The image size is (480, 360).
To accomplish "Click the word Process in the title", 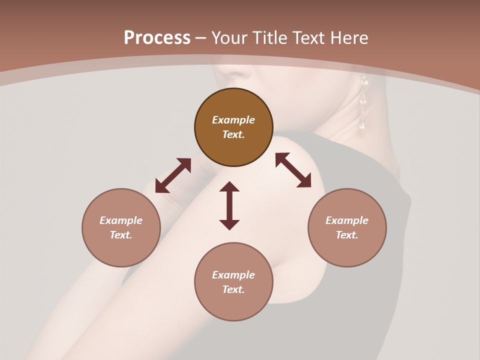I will pyautogui.click(x=157, y=38).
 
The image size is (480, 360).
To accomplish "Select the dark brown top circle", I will pyautogui.click(x=233, y=127).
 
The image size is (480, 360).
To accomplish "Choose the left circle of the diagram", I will pyautogui.click(x=121, y=227).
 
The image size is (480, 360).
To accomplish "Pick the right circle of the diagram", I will pyautogui.click(x=347, y=227).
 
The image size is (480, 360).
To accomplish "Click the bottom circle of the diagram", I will pyautogui.click(x=233, y=282).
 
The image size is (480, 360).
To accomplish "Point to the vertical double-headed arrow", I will pyautogui.click(x=229, y=205).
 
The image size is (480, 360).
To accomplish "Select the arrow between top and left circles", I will pyautogui.click(x=173, y=175).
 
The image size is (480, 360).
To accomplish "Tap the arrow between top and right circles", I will pyautogui.click(x=293, y=170).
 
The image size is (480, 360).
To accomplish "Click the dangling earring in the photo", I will pyautogui.click(x=363, y=102).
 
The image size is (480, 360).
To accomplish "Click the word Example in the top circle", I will pyautogui.click(x=233, y=120).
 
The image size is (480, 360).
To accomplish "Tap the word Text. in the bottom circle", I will pyautogui.click(x=233, y=289).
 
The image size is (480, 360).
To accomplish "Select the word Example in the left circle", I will pyautogui.click(x=121, y=220).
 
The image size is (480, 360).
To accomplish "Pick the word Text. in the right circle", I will pyautogui.click(x=347, y=235).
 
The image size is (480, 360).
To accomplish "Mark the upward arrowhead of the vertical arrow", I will pyautogui.click(x=229, y=187).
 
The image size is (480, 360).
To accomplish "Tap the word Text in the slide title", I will pyautogui.click(x=309, y=38).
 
